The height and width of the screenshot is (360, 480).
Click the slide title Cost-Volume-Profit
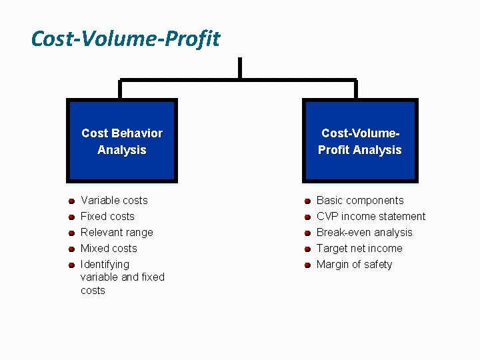coord(125,39)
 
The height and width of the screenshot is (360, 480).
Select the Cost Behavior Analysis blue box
coord(121,141)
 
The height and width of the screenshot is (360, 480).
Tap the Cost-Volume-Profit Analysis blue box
coord(359,141)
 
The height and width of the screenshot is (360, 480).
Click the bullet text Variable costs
coord(114,200)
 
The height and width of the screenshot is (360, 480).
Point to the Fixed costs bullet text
coord(107,216)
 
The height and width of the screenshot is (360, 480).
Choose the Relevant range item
coord(117,232)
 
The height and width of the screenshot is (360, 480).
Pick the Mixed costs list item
coord(109,248)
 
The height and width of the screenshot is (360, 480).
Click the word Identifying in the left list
coord(105,264)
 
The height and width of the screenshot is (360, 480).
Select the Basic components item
coord(360,200)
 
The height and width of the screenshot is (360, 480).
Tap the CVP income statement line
coord(371,216)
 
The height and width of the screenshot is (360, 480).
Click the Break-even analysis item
coord(364,232)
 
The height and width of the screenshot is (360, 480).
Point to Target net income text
coord(359,248)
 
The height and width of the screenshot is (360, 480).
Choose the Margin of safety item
coord(354,264)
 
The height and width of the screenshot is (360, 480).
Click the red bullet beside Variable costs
coord(70,201)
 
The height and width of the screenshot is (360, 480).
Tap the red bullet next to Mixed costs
coord(70,249)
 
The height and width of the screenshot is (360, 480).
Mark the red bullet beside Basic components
coord(307,201)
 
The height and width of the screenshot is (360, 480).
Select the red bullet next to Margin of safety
coord(307,265)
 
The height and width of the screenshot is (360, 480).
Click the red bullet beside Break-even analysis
coord(307,233)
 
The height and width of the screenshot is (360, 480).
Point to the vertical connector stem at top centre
coord(239,69)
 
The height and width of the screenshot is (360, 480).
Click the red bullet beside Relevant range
coord(70,233)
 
